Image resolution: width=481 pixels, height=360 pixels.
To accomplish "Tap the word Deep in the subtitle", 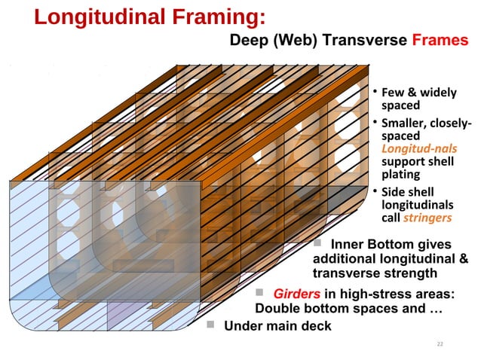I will point(249,40).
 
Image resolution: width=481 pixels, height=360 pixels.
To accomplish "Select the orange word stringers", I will point(427,218).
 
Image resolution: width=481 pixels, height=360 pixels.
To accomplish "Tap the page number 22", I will point(441,344).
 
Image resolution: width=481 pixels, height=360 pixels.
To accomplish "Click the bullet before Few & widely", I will point(373,93).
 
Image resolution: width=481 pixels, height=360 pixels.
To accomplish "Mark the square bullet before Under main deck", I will point(210,325).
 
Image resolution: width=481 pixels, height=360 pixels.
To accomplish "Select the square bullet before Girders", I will point(259,293).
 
